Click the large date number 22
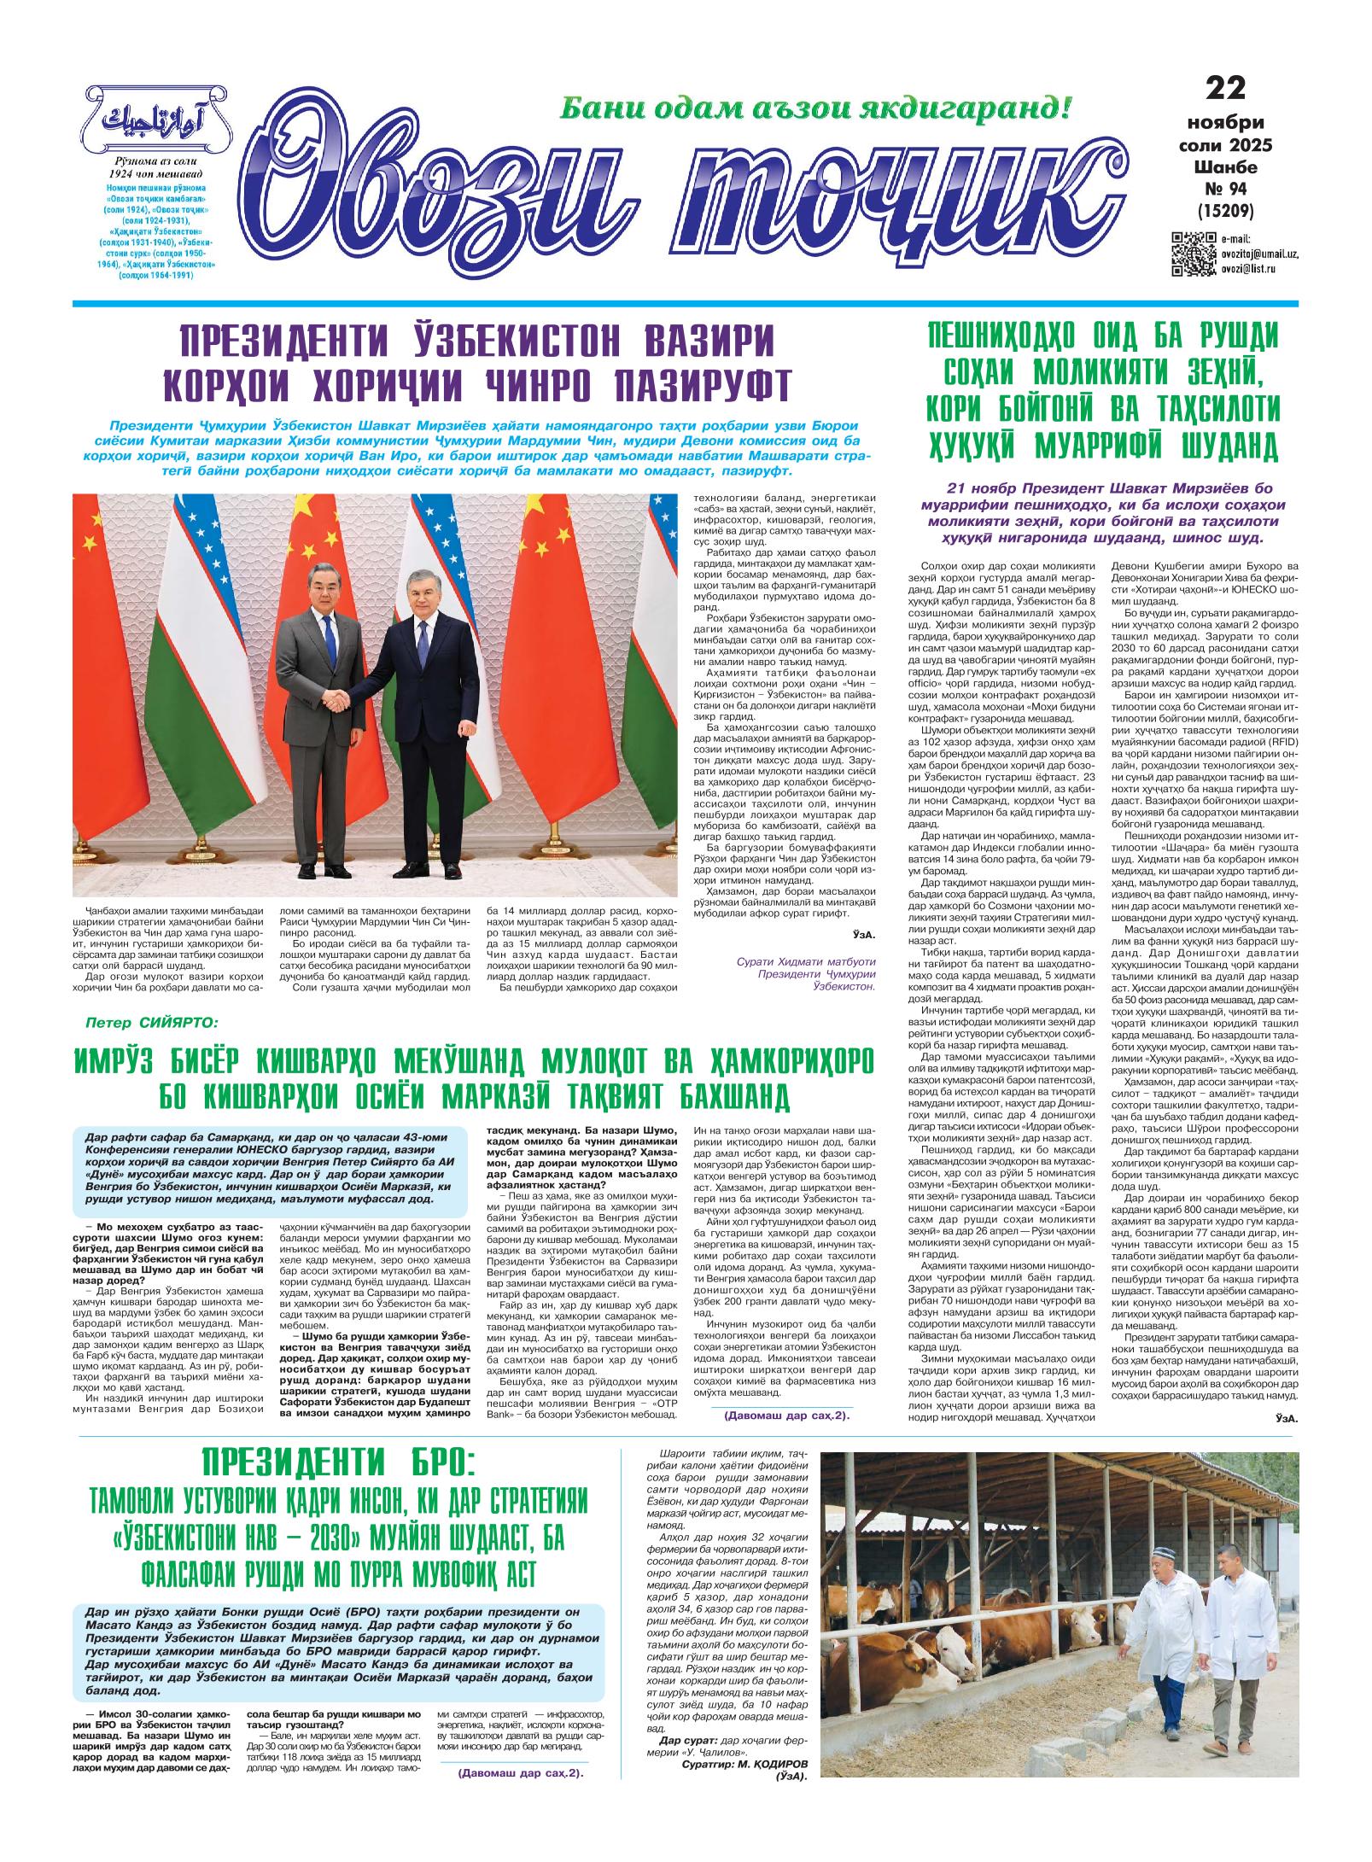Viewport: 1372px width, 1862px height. tap(1225, 88)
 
